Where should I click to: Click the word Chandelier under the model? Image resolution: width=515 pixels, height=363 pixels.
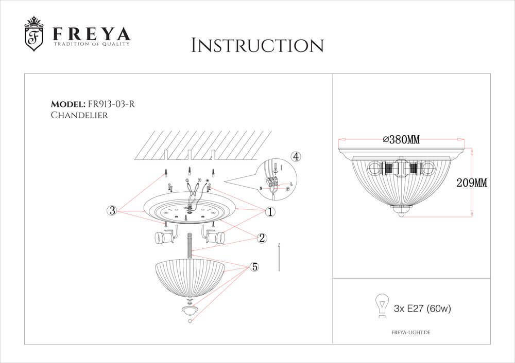(x=79, y=115)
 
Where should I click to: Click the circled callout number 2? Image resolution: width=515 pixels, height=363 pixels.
(x=262, y=238)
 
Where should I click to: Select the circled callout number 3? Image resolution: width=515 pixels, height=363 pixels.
(x=112, y=210)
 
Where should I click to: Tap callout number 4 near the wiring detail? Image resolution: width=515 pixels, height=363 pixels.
(x=295, y=156)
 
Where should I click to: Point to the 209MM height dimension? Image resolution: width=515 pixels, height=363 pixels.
(x=472, y=183)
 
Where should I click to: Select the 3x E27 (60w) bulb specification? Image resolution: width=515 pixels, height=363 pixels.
(x=422, y=308)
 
